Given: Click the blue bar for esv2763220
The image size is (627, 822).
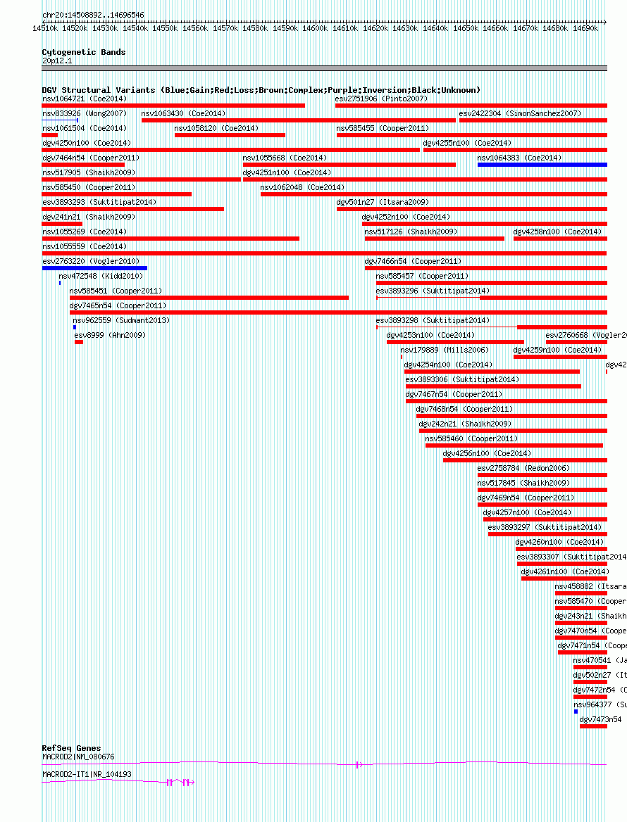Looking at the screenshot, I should point(94,268).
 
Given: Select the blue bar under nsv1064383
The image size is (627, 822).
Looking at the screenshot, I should point(542,165).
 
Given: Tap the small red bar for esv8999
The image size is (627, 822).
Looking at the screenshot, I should point(79,342).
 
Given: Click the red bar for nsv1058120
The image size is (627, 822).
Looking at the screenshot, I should point(230,135).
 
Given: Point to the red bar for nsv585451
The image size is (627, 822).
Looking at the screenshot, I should point(209,298).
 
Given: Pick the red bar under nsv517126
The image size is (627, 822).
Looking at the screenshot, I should point(434,239).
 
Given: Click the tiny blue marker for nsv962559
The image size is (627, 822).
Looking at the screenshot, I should point(75,327).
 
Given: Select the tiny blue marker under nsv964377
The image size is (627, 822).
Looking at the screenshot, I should point(576,712).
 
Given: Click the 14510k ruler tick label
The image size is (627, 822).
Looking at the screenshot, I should point(45,28).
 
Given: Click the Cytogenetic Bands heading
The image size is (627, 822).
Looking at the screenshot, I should point(83,52).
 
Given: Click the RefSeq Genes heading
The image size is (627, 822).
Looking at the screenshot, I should point(71,748).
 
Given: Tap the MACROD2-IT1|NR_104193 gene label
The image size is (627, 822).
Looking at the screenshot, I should point(87,774).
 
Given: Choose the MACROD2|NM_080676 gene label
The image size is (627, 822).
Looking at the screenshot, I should point(78,757).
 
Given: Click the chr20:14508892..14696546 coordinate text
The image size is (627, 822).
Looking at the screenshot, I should point(93,14).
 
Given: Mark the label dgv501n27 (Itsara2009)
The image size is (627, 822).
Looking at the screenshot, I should point(383,202).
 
